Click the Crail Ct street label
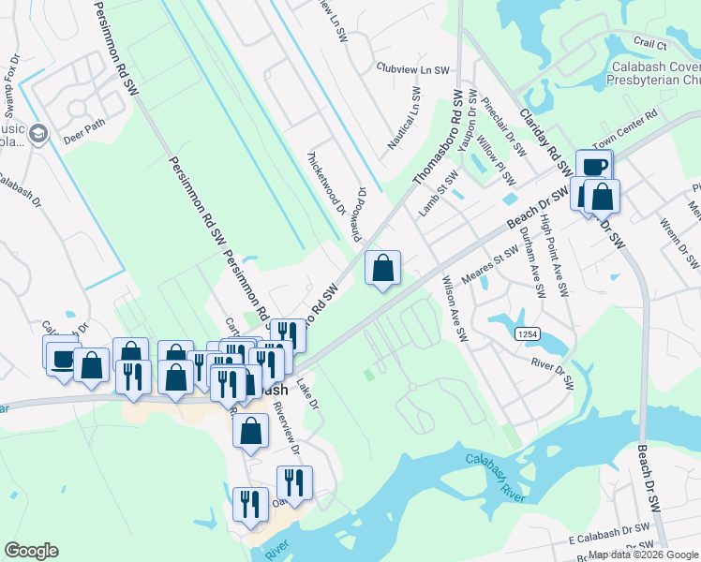tap(649, 44)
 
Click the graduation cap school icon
tap(38, 134)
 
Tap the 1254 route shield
tap(526, 333)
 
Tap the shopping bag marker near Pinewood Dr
tap(382, 269)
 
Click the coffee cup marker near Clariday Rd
tap(594, 168)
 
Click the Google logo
tap(31, 551)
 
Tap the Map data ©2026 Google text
tap(642, 555)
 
